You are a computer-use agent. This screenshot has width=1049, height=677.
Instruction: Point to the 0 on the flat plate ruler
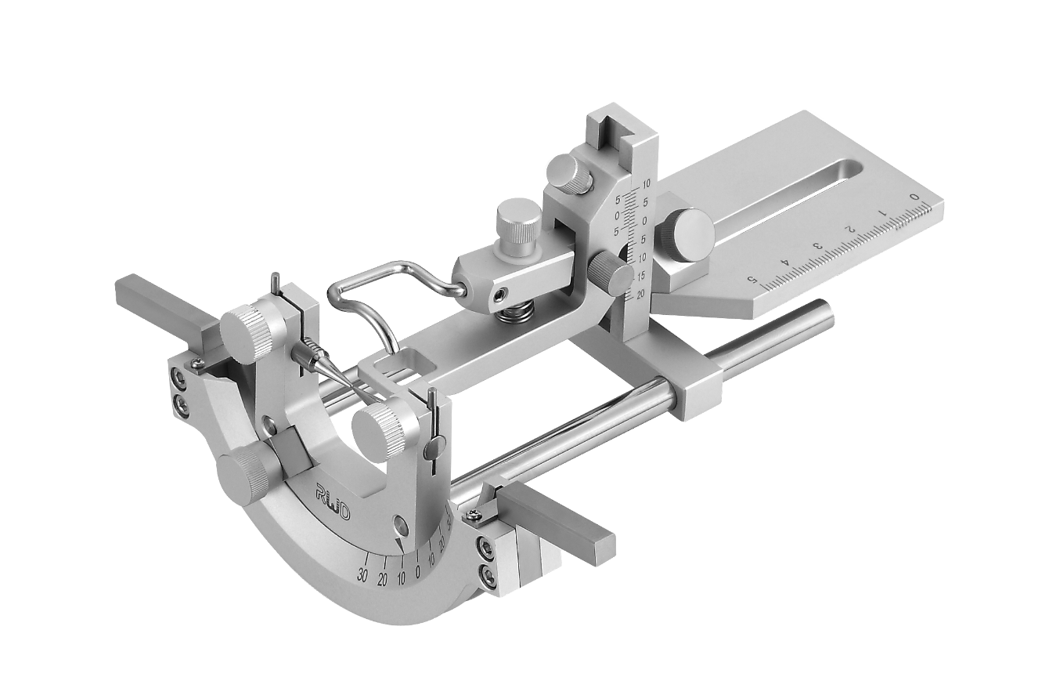click(x=914, y=196)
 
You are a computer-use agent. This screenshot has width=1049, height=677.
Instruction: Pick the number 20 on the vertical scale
click(x=641, y=295)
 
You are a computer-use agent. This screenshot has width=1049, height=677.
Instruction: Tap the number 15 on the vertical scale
click(x=641, y=276)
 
